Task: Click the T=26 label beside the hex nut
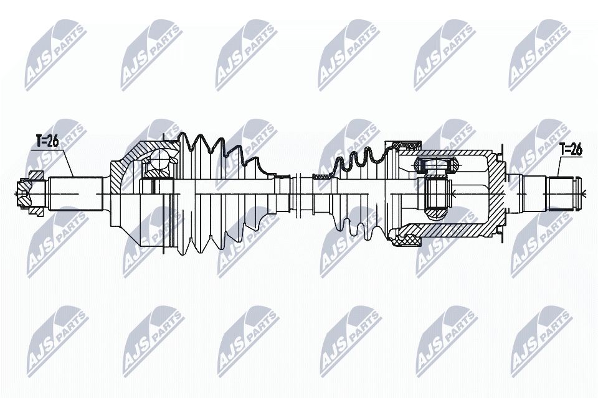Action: click(x=47, y=141)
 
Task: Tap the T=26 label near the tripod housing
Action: click(x=571, y=149)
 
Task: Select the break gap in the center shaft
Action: click(x=296, y=194)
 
